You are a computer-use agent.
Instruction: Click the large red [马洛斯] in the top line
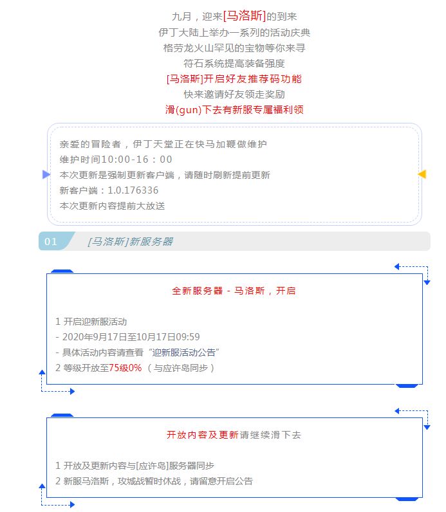point(245,15)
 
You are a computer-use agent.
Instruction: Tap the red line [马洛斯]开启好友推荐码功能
point(234,78)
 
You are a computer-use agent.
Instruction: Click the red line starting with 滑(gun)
point(234,109)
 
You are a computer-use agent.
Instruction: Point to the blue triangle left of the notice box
point(46,174)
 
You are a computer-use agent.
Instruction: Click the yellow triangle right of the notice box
point(422,174)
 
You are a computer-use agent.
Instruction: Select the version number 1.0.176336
point(133,190)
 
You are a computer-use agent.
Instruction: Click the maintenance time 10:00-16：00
point(136,160)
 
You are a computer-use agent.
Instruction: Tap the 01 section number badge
point(51,241)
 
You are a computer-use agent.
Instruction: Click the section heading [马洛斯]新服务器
point(131,242)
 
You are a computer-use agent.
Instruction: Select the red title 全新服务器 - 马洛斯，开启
point(234,291)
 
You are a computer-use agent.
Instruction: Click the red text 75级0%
point(125,368)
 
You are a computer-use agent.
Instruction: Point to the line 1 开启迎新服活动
point(91,322)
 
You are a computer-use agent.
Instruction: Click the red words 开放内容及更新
point(203,435)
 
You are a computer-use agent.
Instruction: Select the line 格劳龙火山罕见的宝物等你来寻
point(234,48)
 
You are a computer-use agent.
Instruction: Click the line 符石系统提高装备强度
point(234,63)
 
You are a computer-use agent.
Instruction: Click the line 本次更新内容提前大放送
point(113,206)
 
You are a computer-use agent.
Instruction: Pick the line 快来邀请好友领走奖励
point(234,95)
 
